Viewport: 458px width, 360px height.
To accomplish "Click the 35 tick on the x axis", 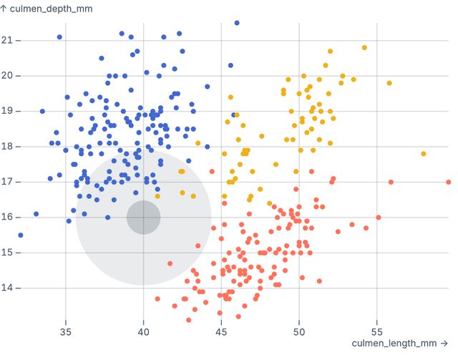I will point(66,332).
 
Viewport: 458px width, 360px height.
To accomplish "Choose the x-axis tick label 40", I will point(143,332).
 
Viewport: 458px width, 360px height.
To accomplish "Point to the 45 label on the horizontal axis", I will point(221,332).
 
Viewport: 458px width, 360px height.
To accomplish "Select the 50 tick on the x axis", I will point(299,332).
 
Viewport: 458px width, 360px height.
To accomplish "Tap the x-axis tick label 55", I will point(376,332).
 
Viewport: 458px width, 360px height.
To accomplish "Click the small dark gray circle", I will point(143,218).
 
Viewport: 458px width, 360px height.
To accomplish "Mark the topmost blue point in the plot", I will point(237,23).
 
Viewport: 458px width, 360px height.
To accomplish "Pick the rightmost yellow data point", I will point(424,154).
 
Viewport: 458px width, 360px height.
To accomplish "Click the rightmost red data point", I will point(448,182).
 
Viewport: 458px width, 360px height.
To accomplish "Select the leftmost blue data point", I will point(21,235).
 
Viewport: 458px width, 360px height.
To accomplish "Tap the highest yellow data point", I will point(364,48).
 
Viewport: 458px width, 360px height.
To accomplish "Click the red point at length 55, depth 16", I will point(379,218).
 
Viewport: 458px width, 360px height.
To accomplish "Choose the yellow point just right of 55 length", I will point(389,83).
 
